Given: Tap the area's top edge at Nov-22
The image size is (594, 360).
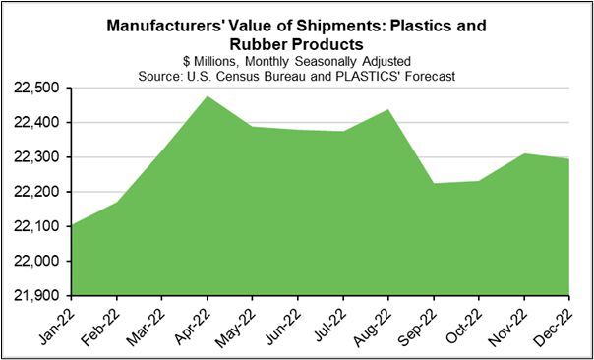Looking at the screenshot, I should pyautogui.click(x=524, y=154).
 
